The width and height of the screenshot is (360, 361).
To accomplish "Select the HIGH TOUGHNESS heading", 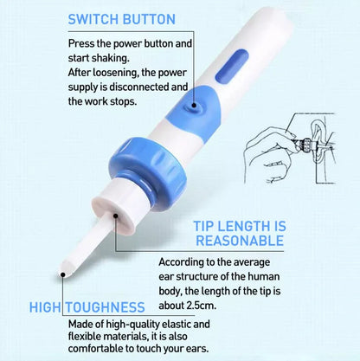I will (x=88, y=306).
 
